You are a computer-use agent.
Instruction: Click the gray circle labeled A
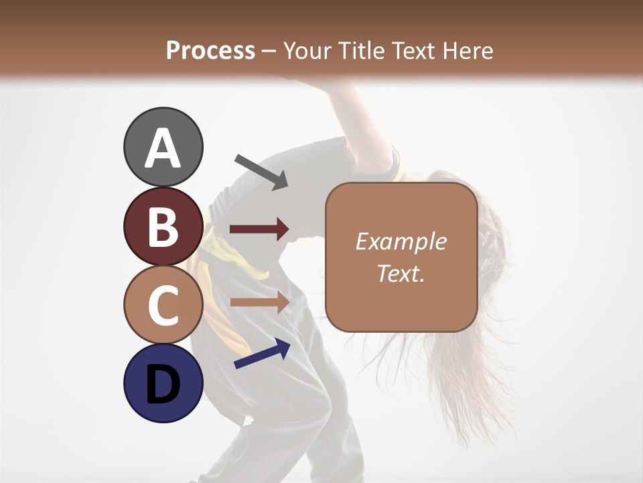tap(163, 147)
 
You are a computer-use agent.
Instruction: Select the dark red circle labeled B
tap(163, 226)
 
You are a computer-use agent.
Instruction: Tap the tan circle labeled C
tap(163, 305)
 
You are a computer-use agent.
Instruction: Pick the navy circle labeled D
tap(163, 384)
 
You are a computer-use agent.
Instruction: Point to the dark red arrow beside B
tap(259, 229)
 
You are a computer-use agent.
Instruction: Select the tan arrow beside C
tap(259, 302)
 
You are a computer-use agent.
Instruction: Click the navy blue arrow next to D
tap(262, 354)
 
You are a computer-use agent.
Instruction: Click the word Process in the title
tap(210, 50)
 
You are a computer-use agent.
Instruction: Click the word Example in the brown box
tap(401, 241)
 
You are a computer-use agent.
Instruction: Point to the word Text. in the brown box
tap(401, 273)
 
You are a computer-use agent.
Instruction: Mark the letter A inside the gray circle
tap(163, 148)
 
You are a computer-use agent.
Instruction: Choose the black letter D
tap(163, 384)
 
